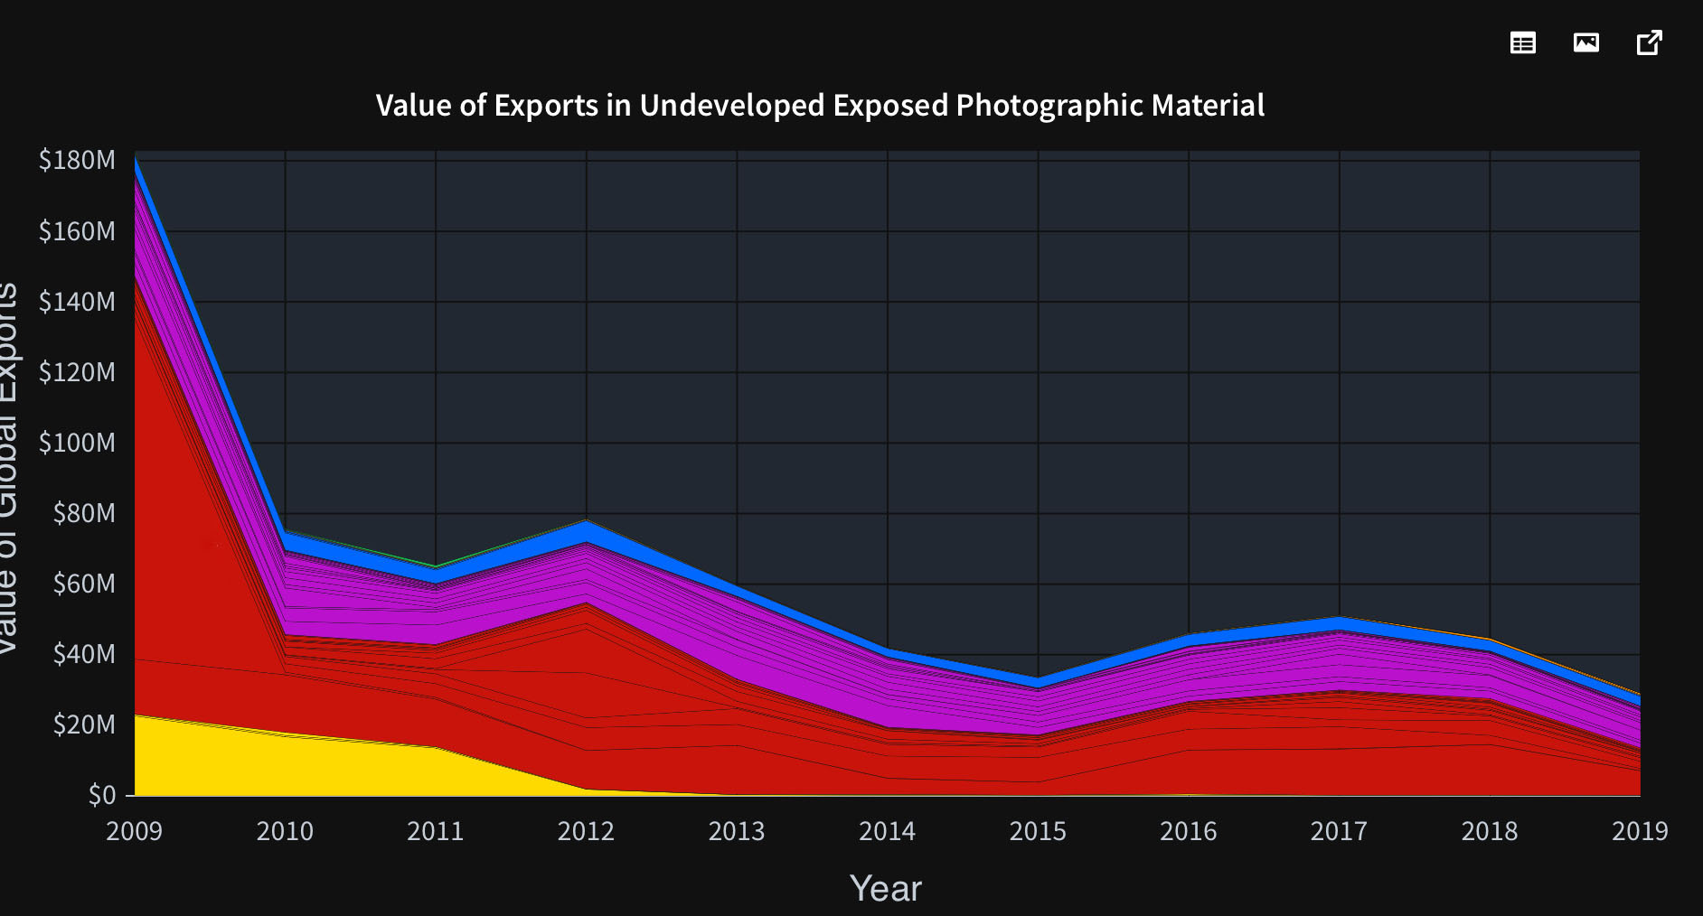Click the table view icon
click(x=1523, y=42)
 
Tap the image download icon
click(x=1586, y=42)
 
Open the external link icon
click(x=1650, y=42)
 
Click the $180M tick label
click(x=77, y=160)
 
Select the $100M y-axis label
click(x=77, y=443)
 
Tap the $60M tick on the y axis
click(x=84, y=584)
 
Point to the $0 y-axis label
click(x=101, y=795)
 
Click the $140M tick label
click(x=77, y=302)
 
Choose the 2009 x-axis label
click(x=134, y=831)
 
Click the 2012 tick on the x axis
click(x=586, y=831)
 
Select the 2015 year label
click(x=1038, y=831)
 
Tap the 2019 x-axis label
click(x=1640, y=831)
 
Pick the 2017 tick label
click(x=1339, y=831)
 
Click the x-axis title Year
click(x=886, y=889)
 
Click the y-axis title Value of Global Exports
click(x=7, y=470)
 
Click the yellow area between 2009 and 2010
click(x=199, y=759)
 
